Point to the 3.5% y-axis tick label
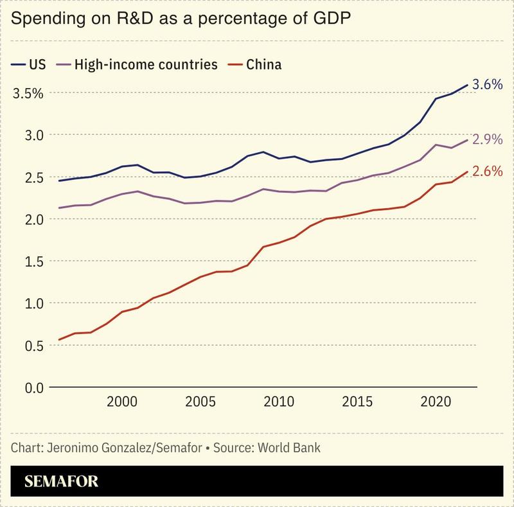click(x=28, y=93)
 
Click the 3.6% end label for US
click(x=487, y=84)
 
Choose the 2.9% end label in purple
click(x=487, y=139)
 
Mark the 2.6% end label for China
click(x=487, y=172)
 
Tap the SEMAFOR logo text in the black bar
click(x=62, y=481)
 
